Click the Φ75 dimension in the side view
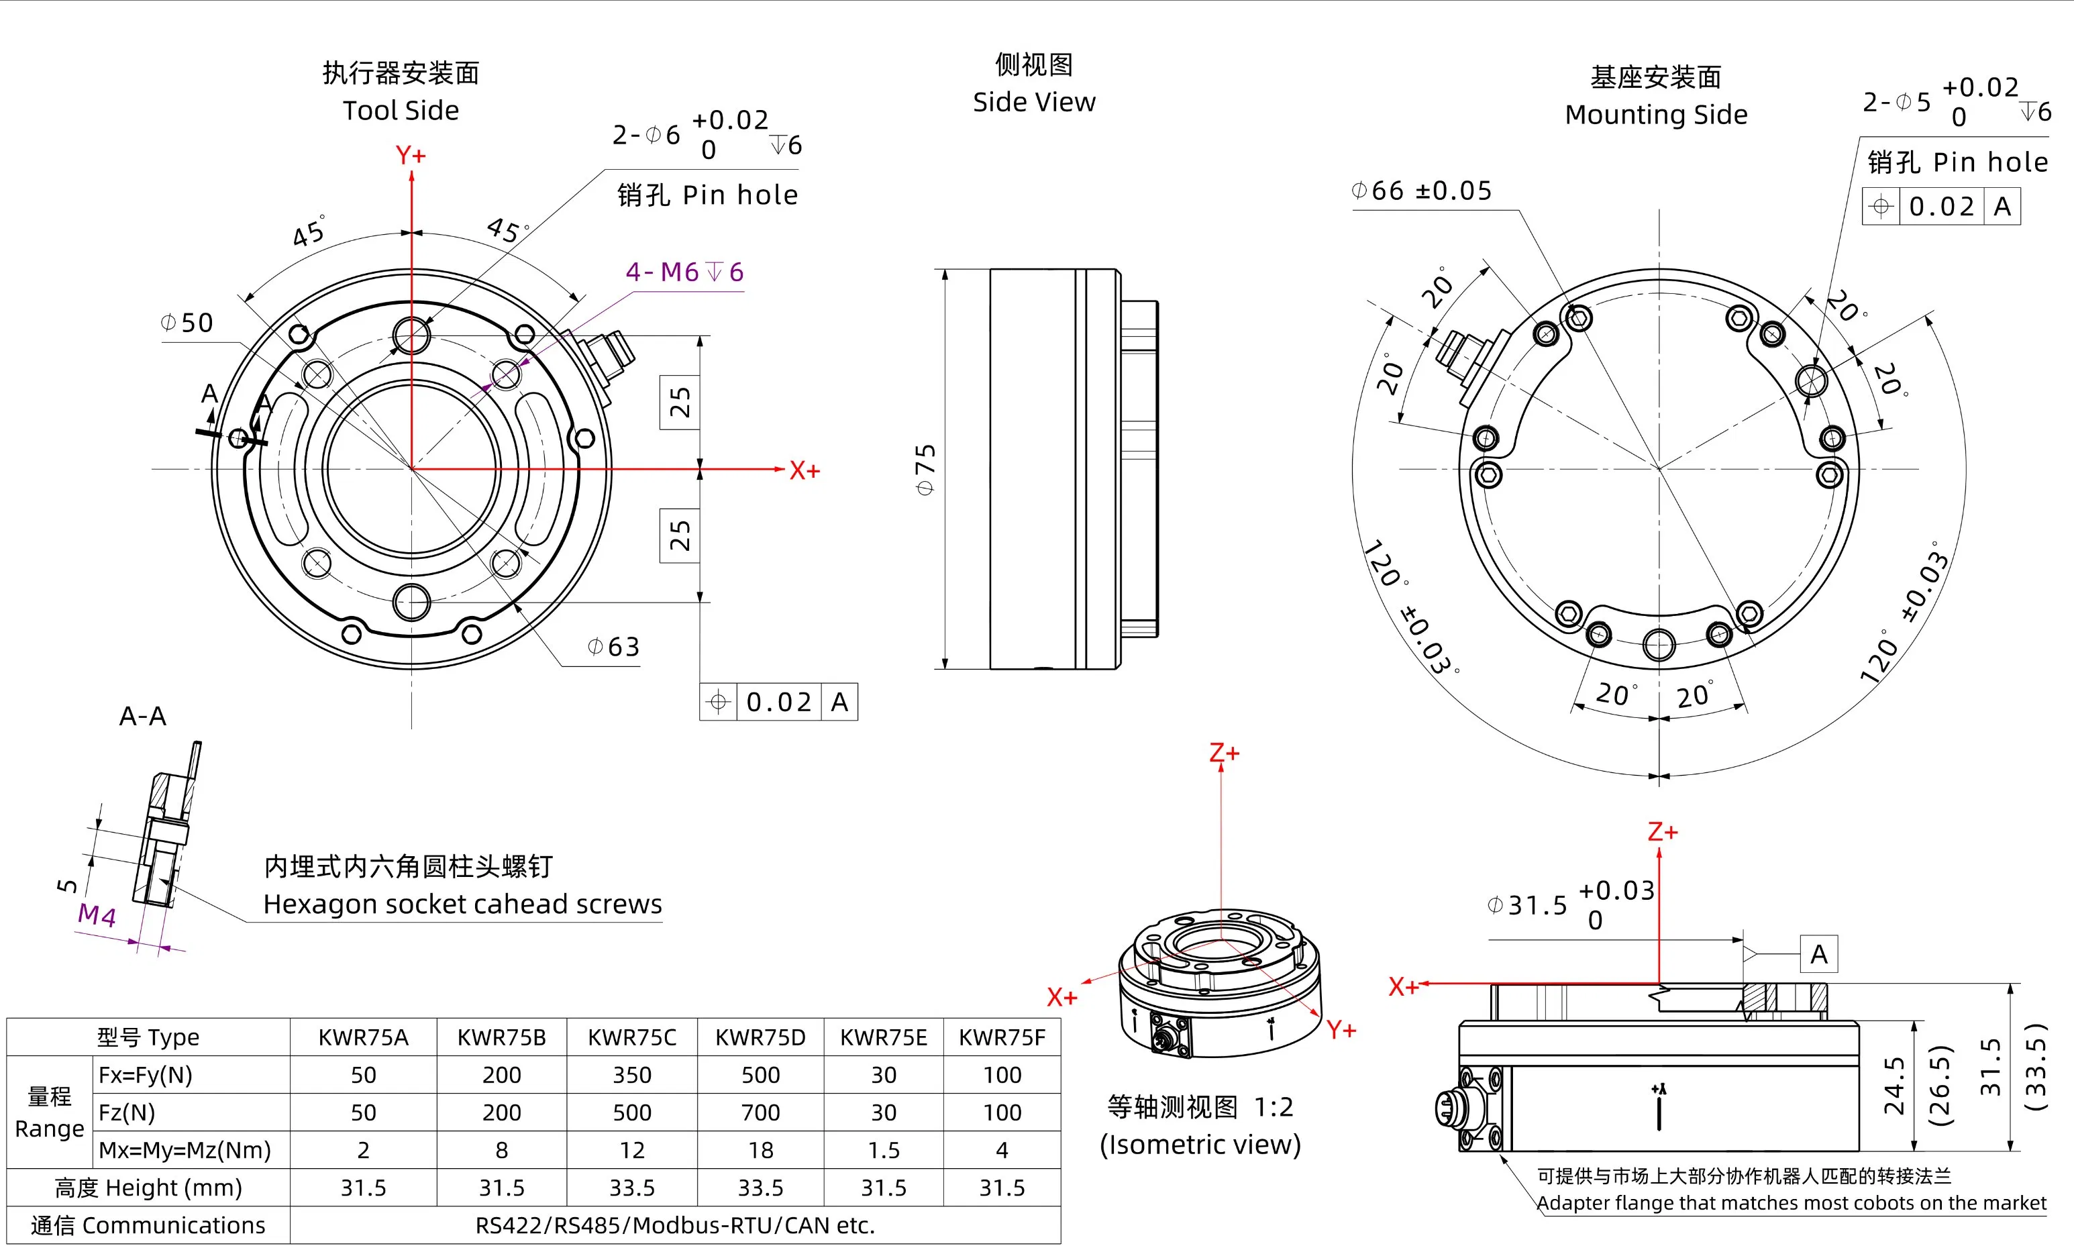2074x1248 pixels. tap(925, 469)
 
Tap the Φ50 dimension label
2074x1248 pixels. tap(187, 323)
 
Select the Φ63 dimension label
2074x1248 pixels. tap(613, 647)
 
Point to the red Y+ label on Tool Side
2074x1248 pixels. tap(411, 156)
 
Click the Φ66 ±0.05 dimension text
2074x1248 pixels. tap(1421, 191)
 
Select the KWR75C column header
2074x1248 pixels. tap(631, 1037)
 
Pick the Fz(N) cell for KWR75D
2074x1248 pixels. tap(760, 1112)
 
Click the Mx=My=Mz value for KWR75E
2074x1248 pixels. tap(883, 1149)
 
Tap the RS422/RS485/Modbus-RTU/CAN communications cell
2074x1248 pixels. tap(676, 1225)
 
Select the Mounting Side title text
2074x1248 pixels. tap(1655, 114)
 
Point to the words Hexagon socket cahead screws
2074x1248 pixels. tap(462, 904)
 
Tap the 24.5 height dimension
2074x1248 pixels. tap(1894, 1086)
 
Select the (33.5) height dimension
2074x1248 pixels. tap(2034, 1066)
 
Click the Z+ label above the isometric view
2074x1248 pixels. tap(1224, 753)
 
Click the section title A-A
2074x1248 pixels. tap(143, 717)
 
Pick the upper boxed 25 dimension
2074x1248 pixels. tap(680, 402)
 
